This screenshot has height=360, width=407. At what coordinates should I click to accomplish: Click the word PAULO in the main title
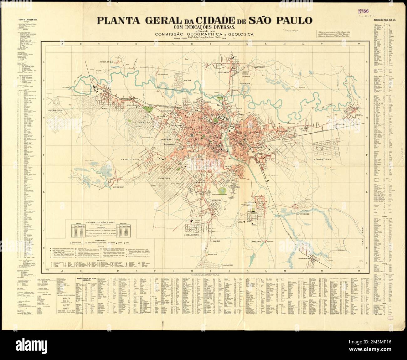(291, 20)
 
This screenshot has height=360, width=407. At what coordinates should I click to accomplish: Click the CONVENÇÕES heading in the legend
(99, 240)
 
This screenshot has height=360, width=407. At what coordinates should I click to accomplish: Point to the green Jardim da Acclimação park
(222, 190)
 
